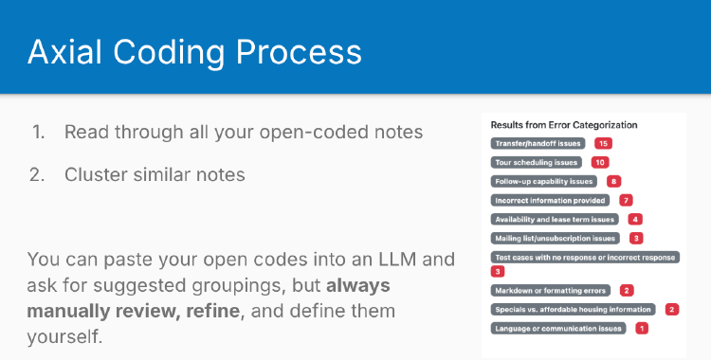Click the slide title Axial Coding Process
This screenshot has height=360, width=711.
point(193,51)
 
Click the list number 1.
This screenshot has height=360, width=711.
point(38,133)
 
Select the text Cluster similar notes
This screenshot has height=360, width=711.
point(155,174)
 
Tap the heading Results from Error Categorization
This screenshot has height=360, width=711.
point(564,124)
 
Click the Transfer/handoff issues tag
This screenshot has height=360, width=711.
point(538,143)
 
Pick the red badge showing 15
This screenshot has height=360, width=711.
point(603,143)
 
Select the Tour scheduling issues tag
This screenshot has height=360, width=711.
point(536,162)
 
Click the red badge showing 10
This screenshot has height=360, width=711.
point(599,162)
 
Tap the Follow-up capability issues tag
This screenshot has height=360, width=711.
point(543,181)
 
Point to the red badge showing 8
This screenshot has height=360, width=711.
point(614,181)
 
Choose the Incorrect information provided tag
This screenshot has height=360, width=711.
point(549,200)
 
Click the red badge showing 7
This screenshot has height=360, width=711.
point(626,200)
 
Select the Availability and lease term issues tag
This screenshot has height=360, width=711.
point(554,219)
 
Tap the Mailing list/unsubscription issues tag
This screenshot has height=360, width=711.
point(555,238)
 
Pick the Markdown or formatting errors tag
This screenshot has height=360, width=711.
point(550,290)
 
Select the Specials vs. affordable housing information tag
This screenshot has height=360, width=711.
point(573,309)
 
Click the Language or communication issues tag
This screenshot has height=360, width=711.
point(558,328)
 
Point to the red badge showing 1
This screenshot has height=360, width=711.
point(642,328)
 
